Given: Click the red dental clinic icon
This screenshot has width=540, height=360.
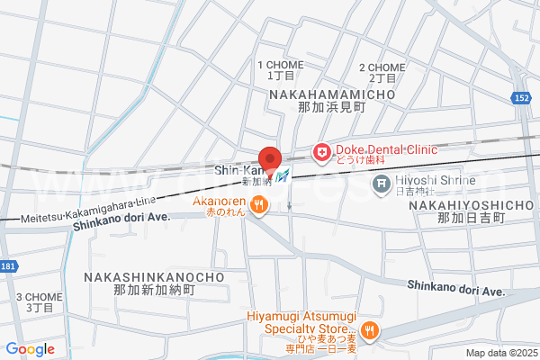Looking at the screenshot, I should (x=320, y=154).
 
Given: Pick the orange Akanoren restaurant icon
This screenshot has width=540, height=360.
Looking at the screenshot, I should (x=259, y=205).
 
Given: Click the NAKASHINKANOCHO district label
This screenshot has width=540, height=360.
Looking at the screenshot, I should (x=155, y=283).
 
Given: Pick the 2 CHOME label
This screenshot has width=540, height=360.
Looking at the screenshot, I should (x=382, y=73).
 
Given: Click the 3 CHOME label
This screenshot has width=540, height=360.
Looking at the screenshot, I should (x=40, y=301).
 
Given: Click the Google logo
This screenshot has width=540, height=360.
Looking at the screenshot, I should (x=30, y=349).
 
